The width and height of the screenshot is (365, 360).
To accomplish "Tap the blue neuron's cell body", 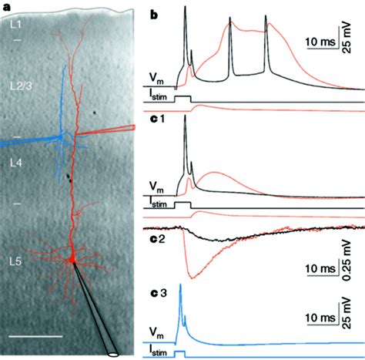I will [61, 136].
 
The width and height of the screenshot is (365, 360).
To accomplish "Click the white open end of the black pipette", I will [115, 355].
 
